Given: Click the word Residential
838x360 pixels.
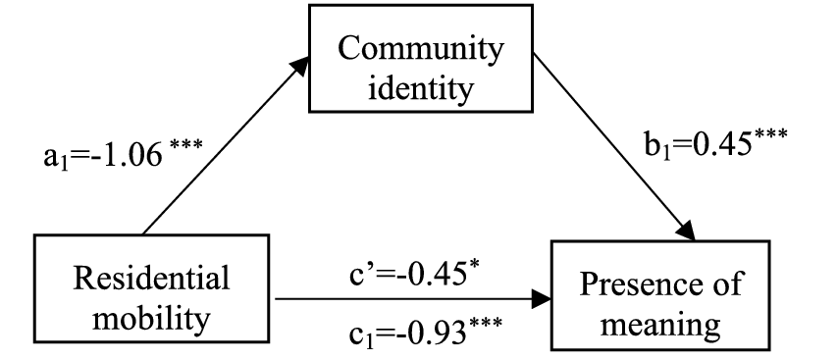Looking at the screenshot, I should pyautogui.click(x=154, y=280).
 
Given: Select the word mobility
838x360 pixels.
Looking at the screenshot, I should pyautogui.click(x=154, y=318).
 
